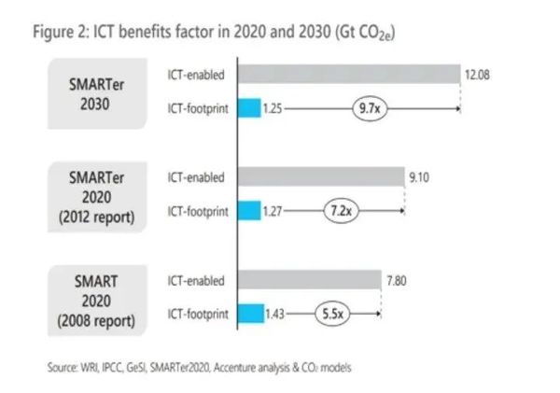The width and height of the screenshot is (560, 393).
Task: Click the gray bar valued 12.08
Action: click(x=350, y=74)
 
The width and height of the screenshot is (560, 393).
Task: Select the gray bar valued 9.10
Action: click(x=322, y=177)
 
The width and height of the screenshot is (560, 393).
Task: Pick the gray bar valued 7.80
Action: click(x=309, y=279)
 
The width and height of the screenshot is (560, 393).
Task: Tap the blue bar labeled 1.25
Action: click(x=248, y=108)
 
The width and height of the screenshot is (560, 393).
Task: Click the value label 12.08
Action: click(x=477, y=74)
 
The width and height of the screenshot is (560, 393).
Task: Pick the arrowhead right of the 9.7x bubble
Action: click(x=456, y=108)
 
